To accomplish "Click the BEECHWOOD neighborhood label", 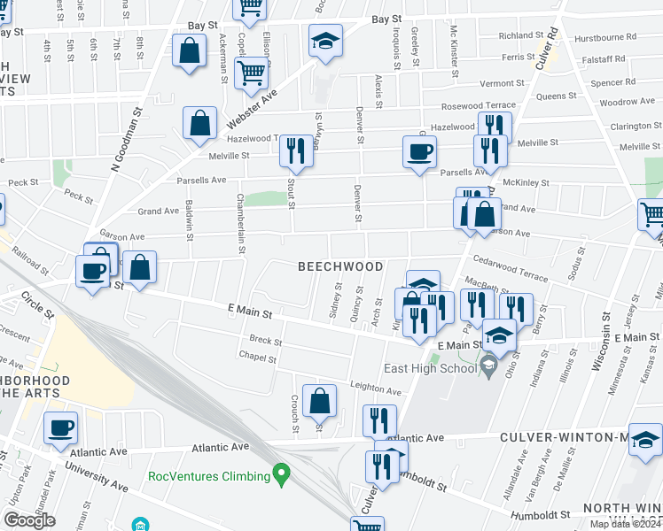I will [x=340, y=266].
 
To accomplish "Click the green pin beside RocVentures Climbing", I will [x=282, y=475].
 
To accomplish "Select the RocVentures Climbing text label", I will [x=208, y=476].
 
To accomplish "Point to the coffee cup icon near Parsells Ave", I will [x=419, y=151].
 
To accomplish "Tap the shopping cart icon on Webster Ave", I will [x=252, y=72].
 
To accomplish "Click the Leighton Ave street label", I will [x=376, y=387].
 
